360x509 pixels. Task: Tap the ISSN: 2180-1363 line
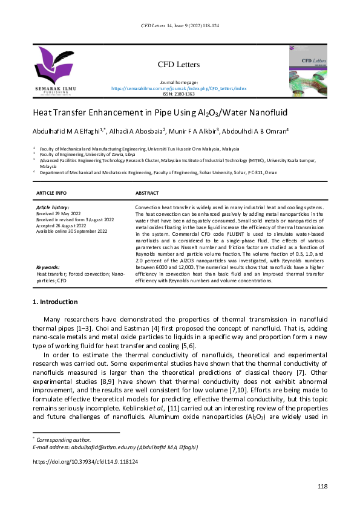pyautogui.click(x=179, y=94)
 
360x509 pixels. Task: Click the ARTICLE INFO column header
pyautogui.click(x=52, y=193)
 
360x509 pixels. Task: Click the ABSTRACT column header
pyautogui.click(x=147, y=193)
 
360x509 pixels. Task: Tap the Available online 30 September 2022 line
pyautogui.click(x=71, y=232)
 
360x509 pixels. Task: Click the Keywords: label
pyautogui.click(x=48, y=267)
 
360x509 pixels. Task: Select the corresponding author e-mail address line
pyautogui.click(x=116, y=447)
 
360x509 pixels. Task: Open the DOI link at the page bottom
pyautogui.click(x=85, y=461)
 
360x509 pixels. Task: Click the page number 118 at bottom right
pyautogui.click(x=322, y=487)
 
